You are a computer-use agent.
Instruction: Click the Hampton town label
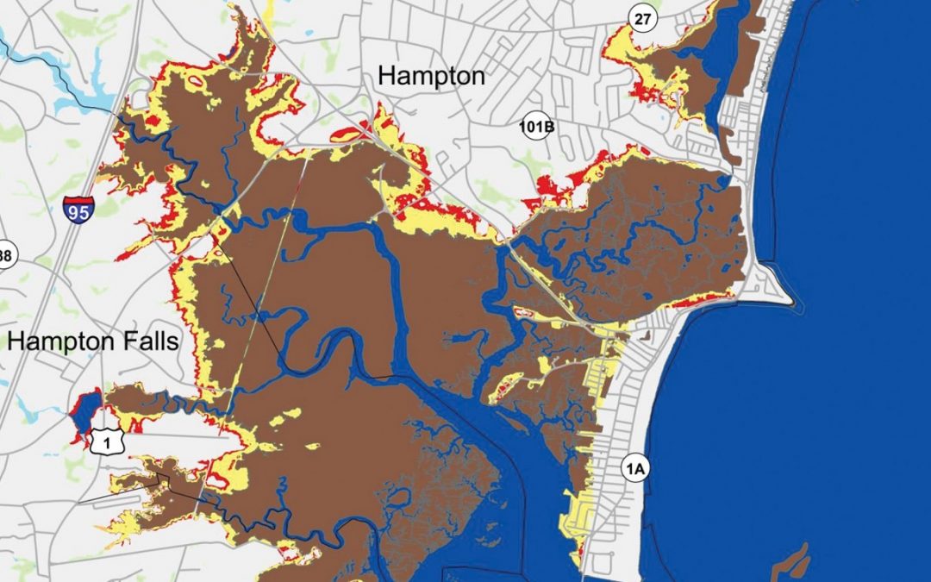click(431, 76)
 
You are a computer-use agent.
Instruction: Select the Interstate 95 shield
click(77, 209)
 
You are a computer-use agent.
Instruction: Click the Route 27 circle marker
click(643, 18)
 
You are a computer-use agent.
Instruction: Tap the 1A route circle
click(634, 469)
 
